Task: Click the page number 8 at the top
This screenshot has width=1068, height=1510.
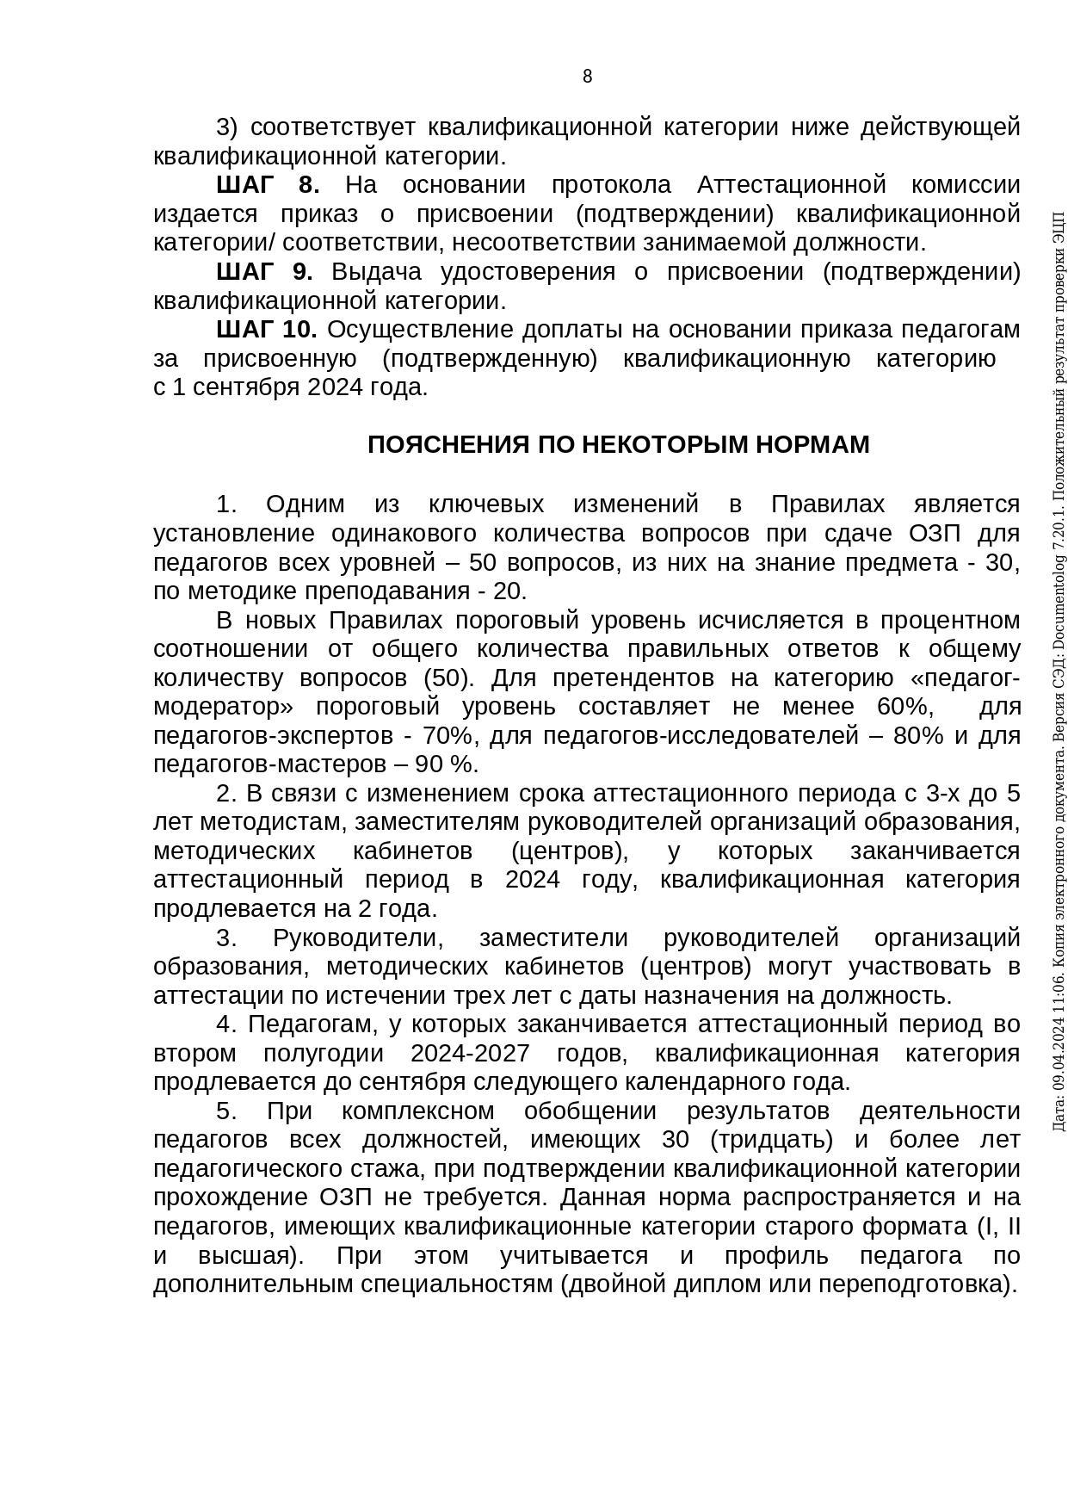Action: click(588, 77)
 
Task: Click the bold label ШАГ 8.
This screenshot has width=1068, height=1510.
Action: click(268, 185)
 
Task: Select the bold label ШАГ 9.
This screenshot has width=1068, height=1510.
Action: click(264, 272)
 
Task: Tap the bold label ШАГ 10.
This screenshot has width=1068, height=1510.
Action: click(267, 330)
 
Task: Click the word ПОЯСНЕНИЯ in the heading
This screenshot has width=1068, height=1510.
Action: click(448, 445)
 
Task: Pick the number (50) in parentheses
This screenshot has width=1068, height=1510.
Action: click(448, 678)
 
